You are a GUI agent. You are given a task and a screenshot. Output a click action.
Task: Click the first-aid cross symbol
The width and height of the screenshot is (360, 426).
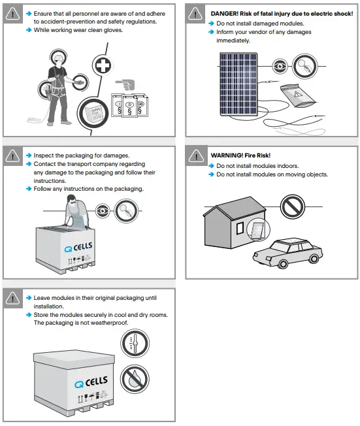(x=103, y=65)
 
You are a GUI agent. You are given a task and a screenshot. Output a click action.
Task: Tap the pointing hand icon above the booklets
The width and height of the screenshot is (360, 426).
(x=125, y=84)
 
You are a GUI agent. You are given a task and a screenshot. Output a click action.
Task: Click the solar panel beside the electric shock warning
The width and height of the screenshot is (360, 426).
(x=238, y=84)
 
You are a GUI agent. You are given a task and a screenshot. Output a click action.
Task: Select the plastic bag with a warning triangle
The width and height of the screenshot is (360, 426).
(x=298, y=96)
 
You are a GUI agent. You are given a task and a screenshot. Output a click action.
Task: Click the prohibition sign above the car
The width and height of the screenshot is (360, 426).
(x=292, y=206)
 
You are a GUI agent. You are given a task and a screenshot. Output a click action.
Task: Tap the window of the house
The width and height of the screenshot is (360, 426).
(x=240, y=228)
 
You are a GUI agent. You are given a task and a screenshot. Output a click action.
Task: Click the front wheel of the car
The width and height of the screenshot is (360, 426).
(x=282, y=263)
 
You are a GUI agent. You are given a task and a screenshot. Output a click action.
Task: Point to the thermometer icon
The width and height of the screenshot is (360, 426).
(x=135, y=343)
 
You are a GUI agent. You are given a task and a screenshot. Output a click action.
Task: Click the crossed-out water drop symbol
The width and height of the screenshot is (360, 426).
(x=135, y=379)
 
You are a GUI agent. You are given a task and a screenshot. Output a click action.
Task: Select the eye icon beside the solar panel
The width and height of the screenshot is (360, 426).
(x=280, y=66)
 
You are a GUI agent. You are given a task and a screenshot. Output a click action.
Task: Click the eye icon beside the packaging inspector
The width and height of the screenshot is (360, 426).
(x=103, y=211)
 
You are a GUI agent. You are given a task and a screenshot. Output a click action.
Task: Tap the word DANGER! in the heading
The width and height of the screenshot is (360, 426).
(x=224, y=14)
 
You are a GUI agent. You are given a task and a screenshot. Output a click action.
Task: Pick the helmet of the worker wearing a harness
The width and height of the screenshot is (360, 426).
(x=58, y=57)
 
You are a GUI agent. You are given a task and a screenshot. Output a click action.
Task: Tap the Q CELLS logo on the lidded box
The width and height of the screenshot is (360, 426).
(x=91, y=382)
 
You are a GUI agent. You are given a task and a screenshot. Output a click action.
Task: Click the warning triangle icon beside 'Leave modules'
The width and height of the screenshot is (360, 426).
(x=13, y=299)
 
